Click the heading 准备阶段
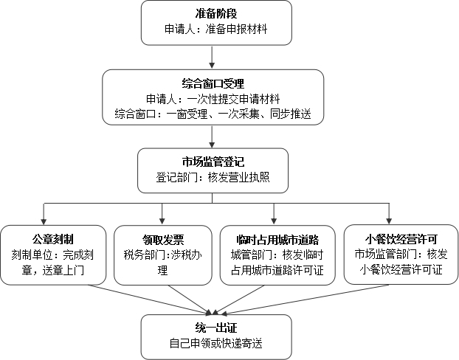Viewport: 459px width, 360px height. coord(216,13)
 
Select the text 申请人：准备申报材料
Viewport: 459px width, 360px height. coord(215,29)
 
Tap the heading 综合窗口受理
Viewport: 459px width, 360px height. coord(213,83)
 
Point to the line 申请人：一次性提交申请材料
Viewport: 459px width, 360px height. coord(213,99)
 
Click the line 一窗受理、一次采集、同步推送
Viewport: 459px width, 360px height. coord(238,114)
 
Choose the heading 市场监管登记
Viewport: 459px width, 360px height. coord(213,162)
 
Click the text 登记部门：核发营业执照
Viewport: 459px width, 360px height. coord(213,177)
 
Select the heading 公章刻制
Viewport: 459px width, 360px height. coord(52,240)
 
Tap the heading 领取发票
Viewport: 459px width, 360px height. coord(163,240)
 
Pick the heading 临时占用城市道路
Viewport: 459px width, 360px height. coord(277,240)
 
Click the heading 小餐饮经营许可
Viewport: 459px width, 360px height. coord(401,240)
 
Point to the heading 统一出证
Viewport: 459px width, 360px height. coord(216,328)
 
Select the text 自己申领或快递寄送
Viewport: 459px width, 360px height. coord(216,343)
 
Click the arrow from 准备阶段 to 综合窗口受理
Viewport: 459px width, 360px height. coord(212,57)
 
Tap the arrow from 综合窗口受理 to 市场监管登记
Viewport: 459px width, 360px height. coord(212,136)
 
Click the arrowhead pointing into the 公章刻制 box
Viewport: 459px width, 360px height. coord(44,221)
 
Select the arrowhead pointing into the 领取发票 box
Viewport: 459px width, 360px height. coord(162,221)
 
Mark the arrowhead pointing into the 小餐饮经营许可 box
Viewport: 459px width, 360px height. coord(389,221)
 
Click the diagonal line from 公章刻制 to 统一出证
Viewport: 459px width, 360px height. coord(149,300)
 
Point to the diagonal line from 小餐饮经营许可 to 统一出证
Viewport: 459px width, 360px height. coord(305,300)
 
